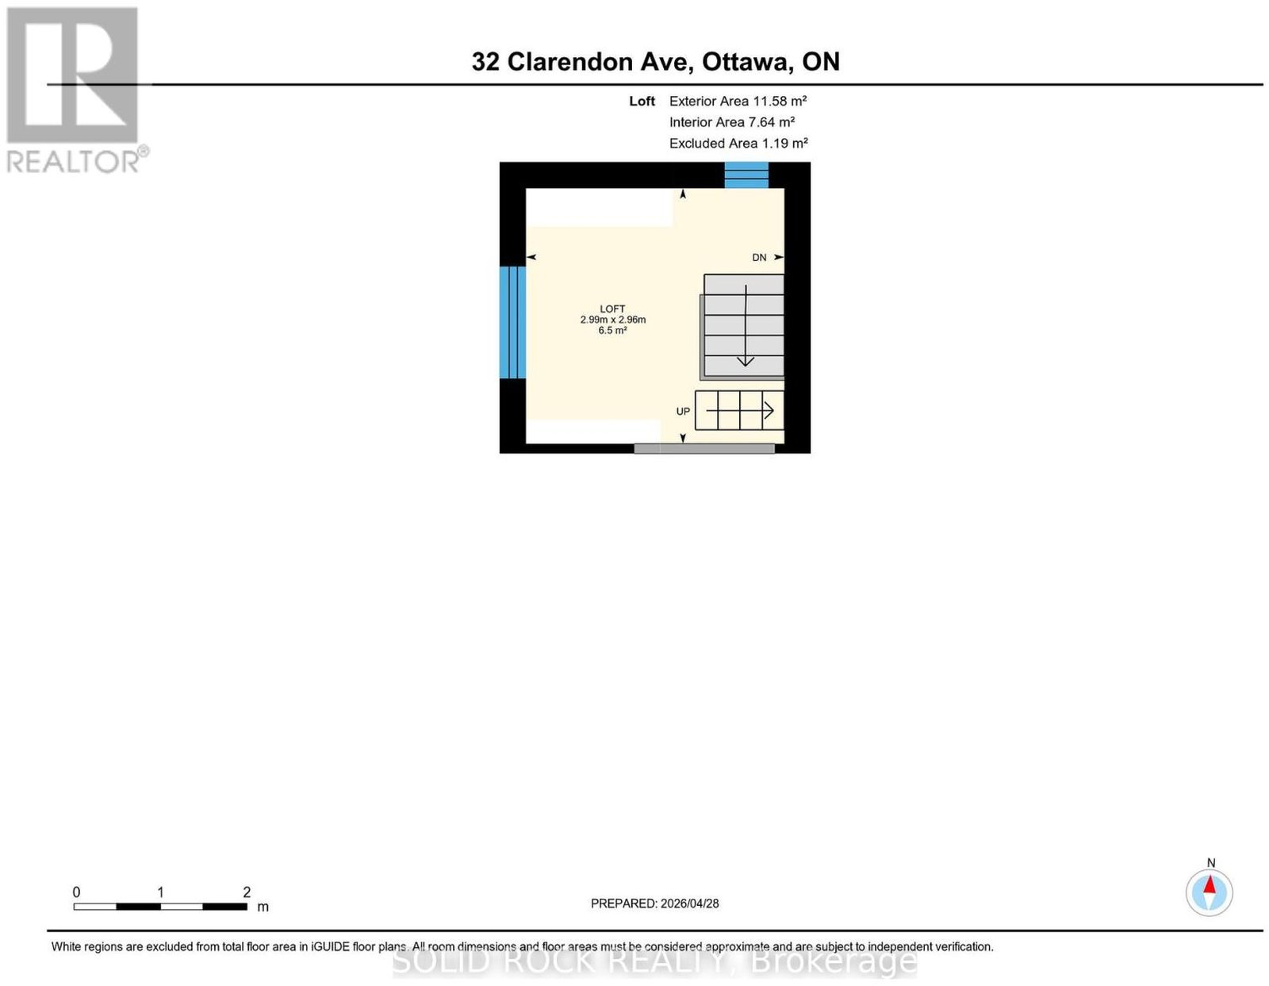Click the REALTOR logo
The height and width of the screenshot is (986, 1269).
(x=77, y=90)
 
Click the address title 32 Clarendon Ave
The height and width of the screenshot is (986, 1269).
(x=582, y=62)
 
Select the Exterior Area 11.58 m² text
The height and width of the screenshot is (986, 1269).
(x=738, y=101)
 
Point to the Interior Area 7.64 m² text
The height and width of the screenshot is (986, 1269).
(x=732, y=122)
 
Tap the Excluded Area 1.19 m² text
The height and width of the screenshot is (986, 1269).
(x=738, y=143)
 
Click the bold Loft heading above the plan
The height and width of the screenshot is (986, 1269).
(x=642, y=101)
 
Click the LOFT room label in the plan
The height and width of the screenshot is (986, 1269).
(x=612, y=309)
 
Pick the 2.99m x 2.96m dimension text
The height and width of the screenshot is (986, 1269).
(x=612, y=320)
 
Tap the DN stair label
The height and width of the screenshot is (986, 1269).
(x=758, y=258)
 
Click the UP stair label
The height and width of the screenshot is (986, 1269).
(x=683, y=412)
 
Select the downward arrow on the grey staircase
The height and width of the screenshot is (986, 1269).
(x=746, y=325)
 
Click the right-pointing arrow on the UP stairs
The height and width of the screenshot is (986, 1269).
(x=740, y=410)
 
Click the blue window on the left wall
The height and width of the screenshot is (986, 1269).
(x=512, y=323)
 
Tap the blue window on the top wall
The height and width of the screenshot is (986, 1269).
(x=746, y=175)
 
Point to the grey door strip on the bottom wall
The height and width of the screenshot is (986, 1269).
(x=704, y=448)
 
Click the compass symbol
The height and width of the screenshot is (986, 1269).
(x=1209, y=892)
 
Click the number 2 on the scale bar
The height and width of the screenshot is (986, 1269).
(x=247, y=892)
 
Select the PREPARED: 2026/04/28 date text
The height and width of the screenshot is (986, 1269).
(x=654, y=903)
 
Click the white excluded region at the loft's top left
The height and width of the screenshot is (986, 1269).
(x=599, y=207)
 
